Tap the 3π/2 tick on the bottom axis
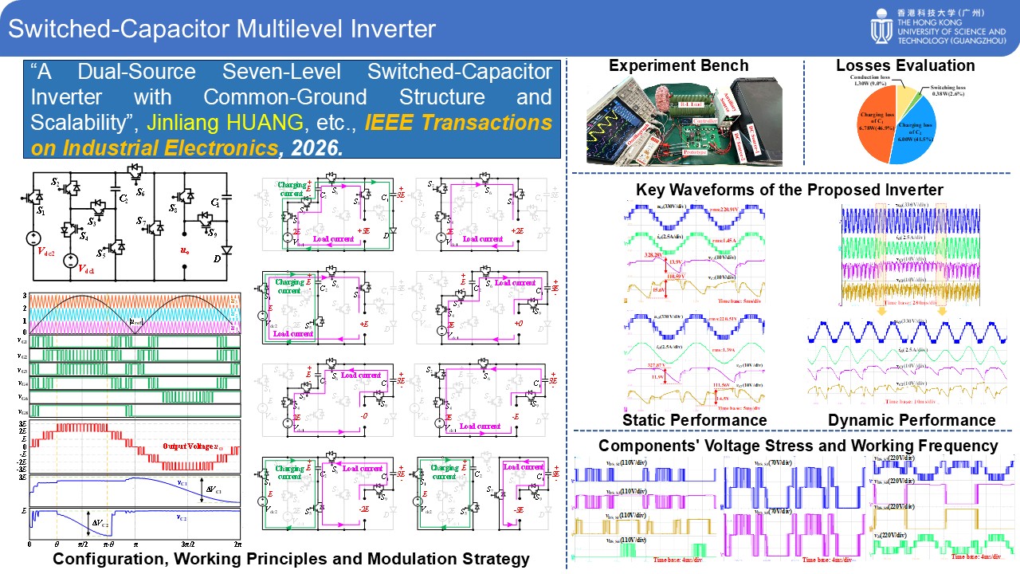[187, 544]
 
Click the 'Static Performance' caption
[694, 419]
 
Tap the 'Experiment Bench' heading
[678, 65]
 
